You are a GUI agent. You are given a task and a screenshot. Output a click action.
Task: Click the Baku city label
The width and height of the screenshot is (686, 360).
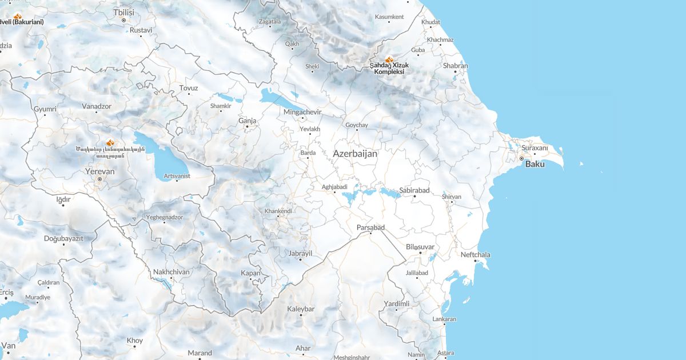pyautogui.click(x=535, y=164)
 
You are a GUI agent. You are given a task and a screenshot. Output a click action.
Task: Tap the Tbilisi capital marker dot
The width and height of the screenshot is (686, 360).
pyautogui.click(x=123, y=20)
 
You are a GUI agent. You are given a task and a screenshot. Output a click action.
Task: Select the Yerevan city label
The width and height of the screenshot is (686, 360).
pyautogui.click(x=99, y=171)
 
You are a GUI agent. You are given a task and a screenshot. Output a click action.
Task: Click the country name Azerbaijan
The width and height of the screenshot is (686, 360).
pyautogui.click(x=355, y=154)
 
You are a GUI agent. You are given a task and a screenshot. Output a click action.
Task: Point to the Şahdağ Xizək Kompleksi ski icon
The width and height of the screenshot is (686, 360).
pyautogui.click(x=389, y=59)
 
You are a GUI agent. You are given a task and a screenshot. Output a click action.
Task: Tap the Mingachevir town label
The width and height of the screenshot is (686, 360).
pyautogui.click(x=302, y=112)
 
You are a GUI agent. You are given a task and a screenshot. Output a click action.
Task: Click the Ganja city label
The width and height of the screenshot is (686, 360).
pyautogui.click(x=248, y=121)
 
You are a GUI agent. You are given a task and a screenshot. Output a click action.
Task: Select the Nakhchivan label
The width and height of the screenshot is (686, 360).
pyautogui.click(x=171, y=271)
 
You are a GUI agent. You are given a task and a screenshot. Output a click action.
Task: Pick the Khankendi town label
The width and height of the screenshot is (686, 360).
pyautogui.click(x=278, y=211)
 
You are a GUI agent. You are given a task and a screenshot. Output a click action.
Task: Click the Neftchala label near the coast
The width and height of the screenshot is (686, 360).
pyautogui.click(x=476, y=254)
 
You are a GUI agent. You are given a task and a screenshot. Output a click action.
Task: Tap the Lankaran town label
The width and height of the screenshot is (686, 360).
pyautogui.click(x=445, y=319)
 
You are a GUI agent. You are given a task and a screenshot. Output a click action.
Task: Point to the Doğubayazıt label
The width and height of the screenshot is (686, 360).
pyautogui.click(x=63, y=238)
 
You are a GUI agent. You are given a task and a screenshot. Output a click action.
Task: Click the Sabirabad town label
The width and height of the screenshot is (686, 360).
pyautogui.click(x=414, y=190)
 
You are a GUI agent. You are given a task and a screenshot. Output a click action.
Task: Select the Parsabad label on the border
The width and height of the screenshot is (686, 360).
pyautogui.click(x=370, y=227)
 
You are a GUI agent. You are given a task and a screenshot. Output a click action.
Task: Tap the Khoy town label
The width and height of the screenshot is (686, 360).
pyautogui.click(x=135, y=341)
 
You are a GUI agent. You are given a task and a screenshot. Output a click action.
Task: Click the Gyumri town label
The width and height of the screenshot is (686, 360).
pyautogui.click(x=45, y=109)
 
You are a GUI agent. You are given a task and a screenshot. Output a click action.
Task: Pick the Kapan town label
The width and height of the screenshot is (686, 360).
pyautogui.click(x=251, y=273)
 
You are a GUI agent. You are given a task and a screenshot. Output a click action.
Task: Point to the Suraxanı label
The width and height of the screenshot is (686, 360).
pyautogui.click(x=535, y=148)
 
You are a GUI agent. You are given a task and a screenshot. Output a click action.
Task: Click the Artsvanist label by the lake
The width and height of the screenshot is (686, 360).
pyautogui.click(x=177, y=176)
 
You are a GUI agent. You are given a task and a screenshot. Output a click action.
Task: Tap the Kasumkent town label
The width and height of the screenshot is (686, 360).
pyautogui.click(x=389, y=17)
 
